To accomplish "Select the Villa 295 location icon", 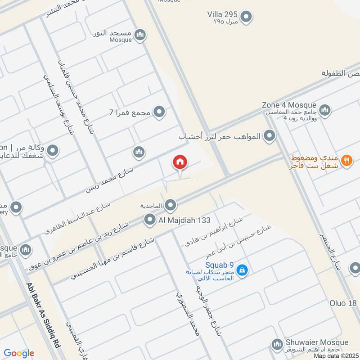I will pos(246,18).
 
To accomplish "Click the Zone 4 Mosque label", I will pos(289,105).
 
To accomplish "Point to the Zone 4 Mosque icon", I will pos(324,109).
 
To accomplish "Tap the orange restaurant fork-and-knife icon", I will pos(346,160).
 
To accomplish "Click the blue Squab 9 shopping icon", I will pos(242,270).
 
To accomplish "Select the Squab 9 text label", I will pos(220,265).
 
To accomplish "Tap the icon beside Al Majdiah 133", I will pos(149,220).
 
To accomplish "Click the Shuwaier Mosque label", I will pos(317,342).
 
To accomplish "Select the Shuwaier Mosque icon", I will pos(276,345).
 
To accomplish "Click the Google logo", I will pos(19,353).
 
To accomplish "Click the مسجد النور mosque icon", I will pos(140,35).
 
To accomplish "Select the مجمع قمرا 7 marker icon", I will pos(158,111).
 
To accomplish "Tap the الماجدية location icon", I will pos(170,206).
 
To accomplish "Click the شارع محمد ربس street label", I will pos(110,180).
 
